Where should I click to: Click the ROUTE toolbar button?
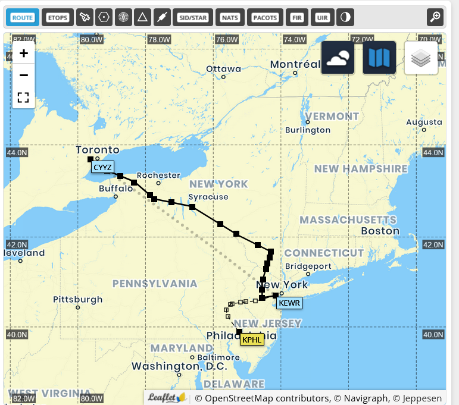pyautogui.click(x=23, y=17)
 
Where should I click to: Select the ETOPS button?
pyautogui.click(x=58, y=17)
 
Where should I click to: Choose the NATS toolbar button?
pyautogui.click(x=229, y=17)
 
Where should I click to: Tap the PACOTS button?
pyautogui.click(x=265, y=17)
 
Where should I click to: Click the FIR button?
pyautogui.click(x=296, y=17)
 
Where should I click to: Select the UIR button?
pyautogui.click(x=322, y=17)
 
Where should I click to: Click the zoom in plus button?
pyautogui.click(x=24, y=54)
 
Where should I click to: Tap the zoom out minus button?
pyautogui.click(x=24, y=76)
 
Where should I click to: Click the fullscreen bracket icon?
pyautogui.click(x=24, y=98)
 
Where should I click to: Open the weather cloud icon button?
pyautogui.click(x=338, y=58)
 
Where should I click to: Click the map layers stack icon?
pyautogui.click(x=421, y=58)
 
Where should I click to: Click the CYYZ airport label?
pyautogui.click(x=103, y=167)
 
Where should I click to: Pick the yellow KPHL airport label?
pyautogui.click(x=252, y=340)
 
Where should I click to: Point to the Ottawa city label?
pyautogui.click(x=224, y=69)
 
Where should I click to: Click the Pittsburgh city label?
pyautogui.click(x=77, y=300)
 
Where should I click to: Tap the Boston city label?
pyautogui.click(x=380, y=231)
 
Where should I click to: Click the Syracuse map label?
pyautogui.click(x=208, y=197)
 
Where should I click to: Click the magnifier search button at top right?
pyautogui.click(x=435, y=17)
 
